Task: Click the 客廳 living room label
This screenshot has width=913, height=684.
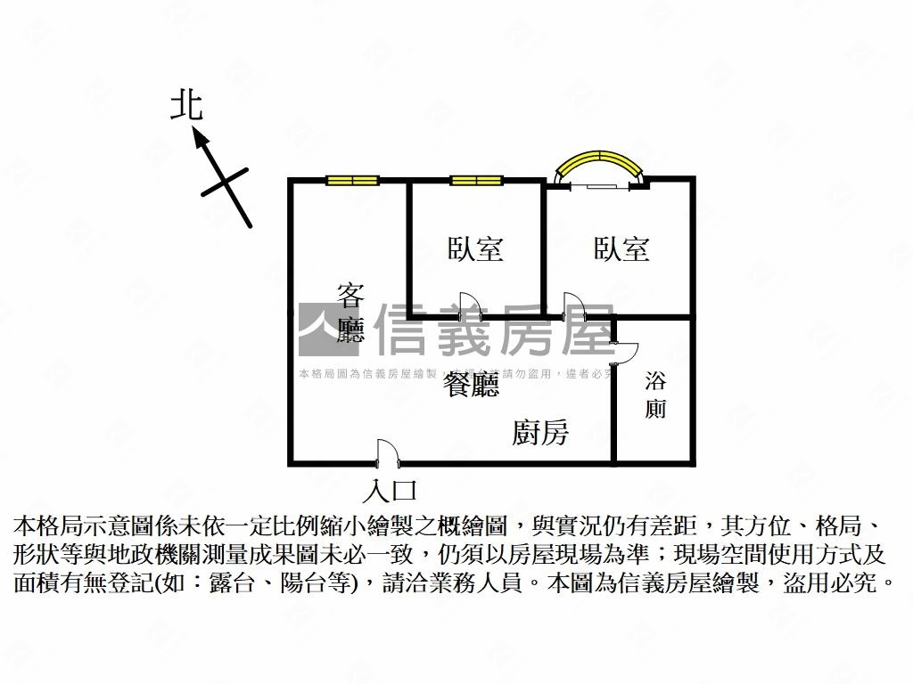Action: pyautogui.click(x=351, y=313)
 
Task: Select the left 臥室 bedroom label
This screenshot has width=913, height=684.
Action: pyautogui.click(x=475, y=248)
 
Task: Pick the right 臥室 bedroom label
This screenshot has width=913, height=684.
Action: pyautogui.click(x=621, y=248)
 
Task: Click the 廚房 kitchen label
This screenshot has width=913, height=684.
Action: pyautogui.click(x=540, y=433)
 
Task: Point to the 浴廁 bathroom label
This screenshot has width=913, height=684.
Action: pyautogui.click(x=656, y=396)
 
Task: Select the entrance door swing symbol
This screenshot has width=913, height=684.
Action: pyautogui.click(x=387, y=452)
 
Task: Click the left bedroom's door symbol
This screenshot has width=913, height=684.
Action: pyautogui.click(x=469, y=305)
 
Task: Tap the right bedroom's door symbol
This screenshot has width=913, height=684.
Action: pyautogui.click(x=573, y=305)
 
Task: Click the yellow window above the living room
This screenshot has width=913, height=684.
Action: pyautogui.click(x=352, y=181)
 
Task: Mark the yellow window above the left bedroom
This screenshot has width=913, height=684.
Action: pyautogui.click(x=476, y=181)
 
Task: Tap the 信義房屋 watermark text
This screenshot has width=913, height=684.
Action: pyautogui.click(x=496, y=330)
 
